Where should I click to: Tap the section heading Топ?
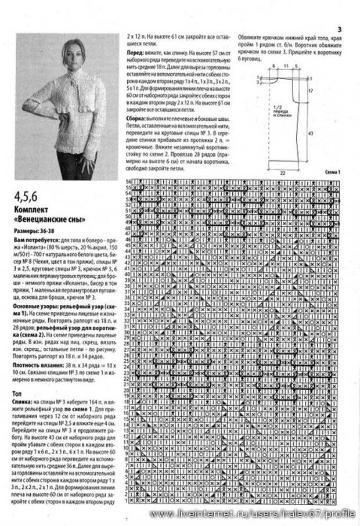pyautogui.click(x=18, y=393)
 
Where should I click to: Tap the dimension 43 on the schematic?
pyautogui.click(x=311, y=133)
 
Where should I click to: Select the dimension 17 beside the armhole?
pyautogui.click(x=311, y=91)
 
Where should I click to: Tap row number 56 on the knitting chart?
pyautogui.click(x=128, y=182)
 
